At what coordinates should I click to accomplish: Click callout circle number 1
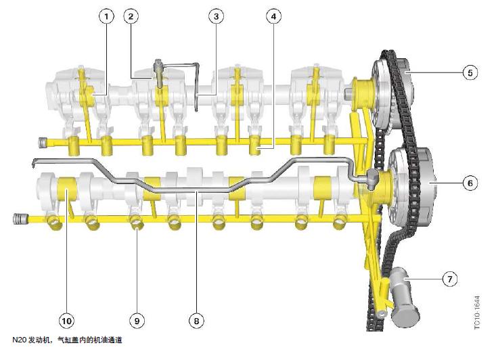click(x=106, y=16)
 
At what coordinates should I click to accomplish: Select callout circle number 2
click(x=131, y=16)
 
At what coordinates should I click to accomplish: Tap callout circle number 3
click(x=217, y=16)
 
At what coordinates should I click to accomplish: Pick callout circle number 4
click(x=273, y=16)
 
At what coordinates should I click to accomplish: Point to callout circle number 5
click(x=470, y=73)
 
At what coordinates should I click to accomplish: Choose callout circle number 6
click(x=470, y=183)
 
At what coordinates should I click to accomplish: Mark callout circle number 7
click(x=450, y=279)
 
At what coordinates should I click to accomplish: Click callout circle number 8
click(x=196, y=321)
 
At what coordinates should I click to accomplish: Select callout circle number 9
click(x=137, y=321)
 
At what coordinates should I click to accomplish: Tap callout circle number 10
click(x=66, y=321)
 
